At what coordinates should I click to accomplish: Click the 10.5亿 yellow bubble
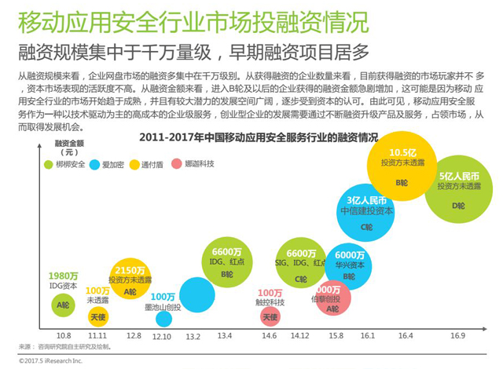point(402,167)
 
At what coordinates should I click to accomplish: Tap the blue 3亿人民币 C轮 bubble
point(366,212)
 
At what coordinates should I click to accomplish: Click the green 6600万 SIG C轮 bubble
point(300,265)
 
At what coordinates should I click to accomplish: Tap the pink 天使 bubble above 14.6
point(270,316)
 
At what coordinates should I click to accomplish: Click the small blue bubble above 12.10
point(163,319)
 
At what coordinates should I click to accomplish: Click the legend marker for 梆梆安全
point(48,165)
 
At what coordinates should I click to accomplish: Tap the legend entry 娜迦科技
point(197,165)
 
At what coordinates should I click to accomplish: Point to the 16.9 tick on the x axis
point(457,335)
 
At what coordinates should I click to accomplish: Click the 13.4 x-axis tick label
point(225,335)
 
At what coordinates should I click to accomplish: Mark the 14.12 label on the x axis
point(299,335)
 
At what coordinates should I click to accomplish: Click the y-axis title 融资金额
point(70,144)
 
